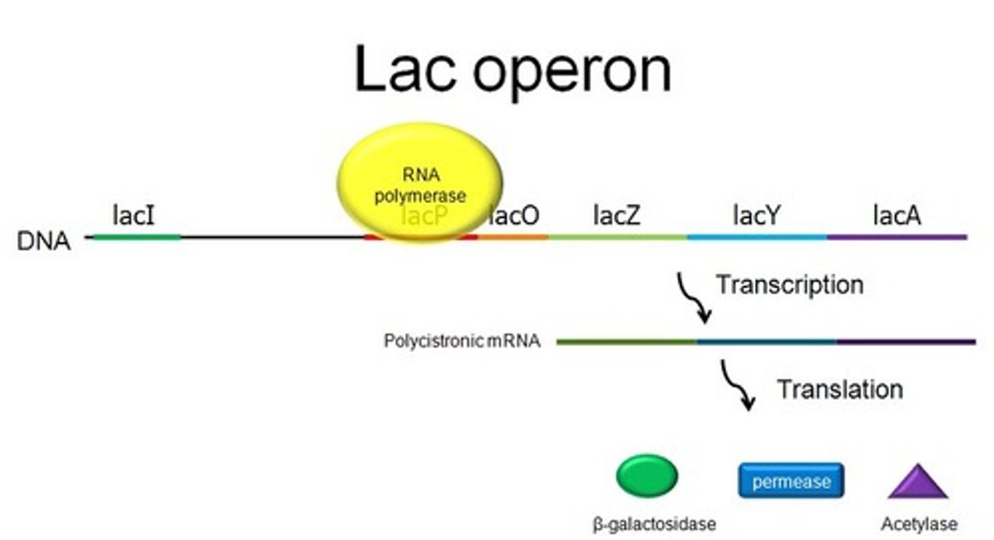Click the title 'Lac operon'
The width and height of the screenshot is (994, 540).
pyautogui.click(x=512, y=70)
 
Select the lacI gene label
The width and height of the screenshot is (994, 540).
pyautogui.click(x=134, y=216)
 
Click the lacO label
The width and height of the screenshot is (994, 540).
pyautogui.click(x=514, y=216)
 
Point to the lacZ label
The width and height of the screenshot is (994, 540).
pyautogui.click(x=616, y=216)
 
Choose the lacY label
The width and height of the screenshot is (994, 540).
pyautogui.click(x=756, y=216)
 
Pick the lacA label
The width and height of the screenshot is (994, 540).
pyautogui.click(x=897, y=216)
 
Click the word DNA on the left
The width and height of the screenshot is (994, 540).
pyautogui.click(x=44, y=242)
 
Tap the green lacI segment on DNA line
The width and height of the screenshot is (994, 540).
pyautogui.click(x=137, y=237)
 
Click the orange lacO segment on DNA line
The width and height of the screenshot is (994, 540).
pyautogui.click(x=513, y=237)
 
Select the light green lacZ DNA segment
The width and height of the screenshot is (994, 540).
pyautogui.click(x=617, y=237)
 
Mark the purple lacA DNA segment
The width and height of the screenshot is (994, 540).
pyautogui.click(x=897, y=237)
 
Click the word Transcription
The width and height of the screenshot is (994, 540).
pyautogui.click(x=789, y=284)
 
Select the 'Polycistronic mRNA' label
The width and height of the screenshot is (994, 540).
pyautogui.click(x=462, y=341)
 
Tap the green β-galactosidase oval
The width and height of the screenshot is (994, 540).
pyautogui.click(x=647, y=476)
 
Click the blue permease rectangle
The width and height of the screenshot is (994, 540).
pyautogui.click(x=791, y=481)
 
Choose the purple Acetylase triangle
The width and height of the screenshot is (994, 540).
pyautogui.click(x=917, y=482)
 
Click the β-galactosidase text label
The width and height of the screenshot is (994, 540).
pyautogui.click(x=654, y=524)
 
